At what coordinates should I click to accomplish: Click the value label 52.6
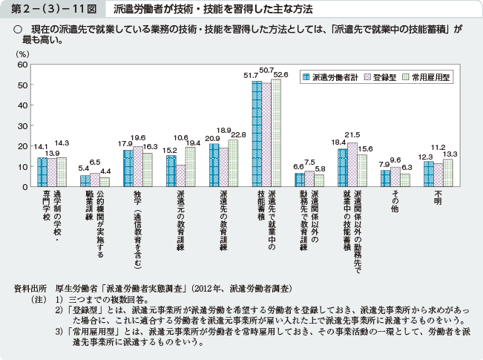tap(280, 75)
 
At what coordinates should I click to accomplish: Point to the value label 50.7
tap(267, 69)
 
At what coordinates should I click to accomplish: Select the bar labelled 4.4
tap(105, 182)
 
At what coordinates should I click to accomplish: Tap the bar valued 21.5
tap(352, 164)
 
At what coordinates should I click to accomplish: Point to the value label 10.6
tap(180, 137)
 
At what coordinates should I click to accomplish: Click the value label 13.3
tap(449, 153)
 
